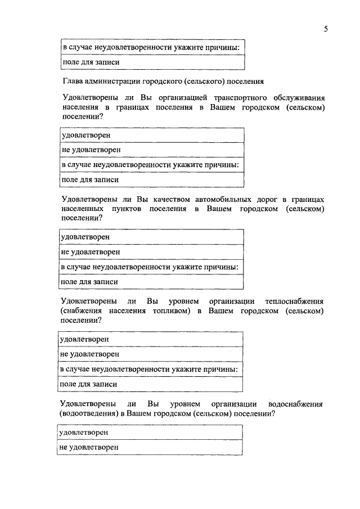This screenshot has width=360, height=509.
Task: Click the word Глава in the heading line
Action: click(x=73, y=80)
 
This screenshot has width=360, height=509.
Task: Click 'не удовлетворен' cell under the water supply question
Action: click(x=150, y=448)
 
